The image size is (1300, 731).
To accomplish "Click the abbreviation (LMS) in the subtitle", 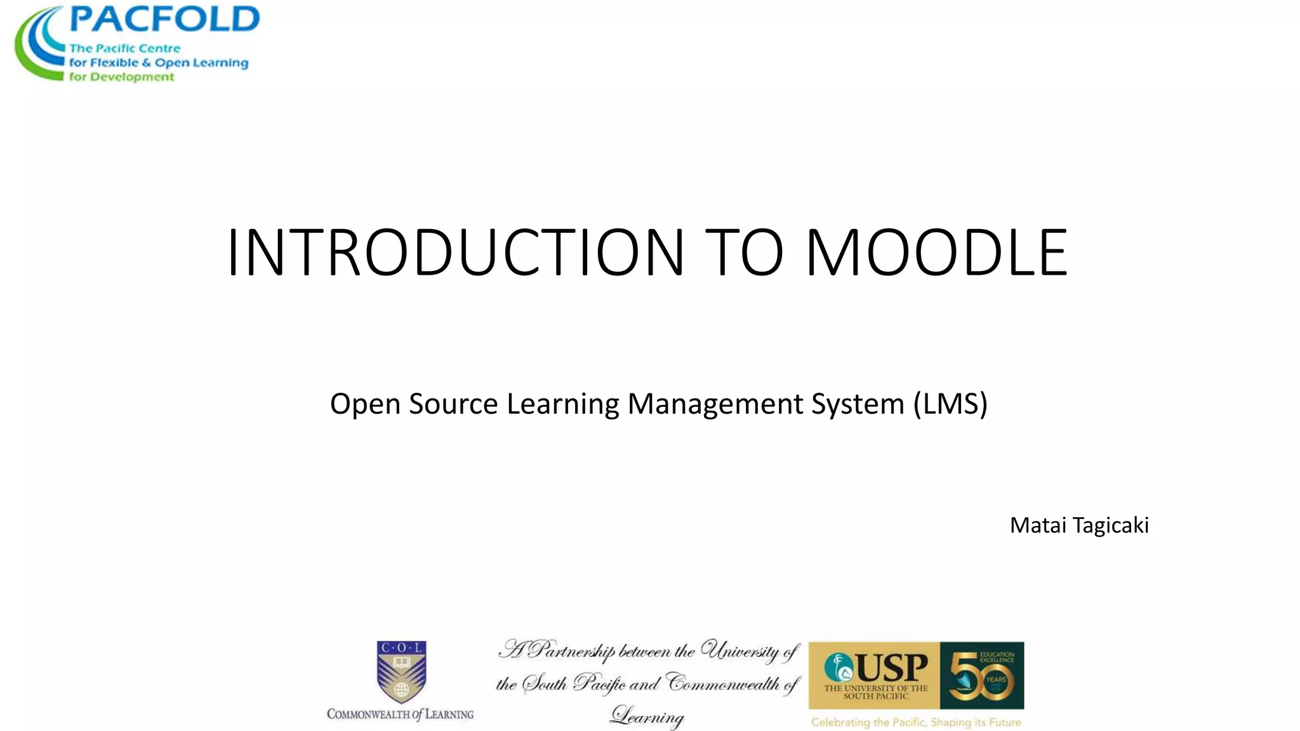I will pyautogui.click(x=950, y=404).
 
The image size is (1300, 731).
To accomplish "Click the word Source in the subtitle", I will pyautogui.click(x=453, y=404).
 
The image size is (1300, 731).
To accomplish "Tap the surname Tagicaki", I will pyautogui.click(x=1110, y=525).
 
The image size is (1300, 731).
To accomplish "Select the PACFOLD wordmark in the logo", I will pyautogui.click(x=164, y=20).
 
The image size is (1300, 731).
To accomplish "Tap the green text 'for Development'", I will pyautogui.click(x=121, y=77).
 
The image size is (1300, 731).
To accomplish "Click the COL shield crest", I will pyautogui.click(x=401, y=671).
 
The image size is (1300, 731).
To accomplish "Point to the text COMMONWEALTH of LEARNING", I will pyautogui.click(x=400, y=715).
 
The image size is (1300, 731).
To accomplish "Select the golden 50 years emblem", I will pyautogui.click(x=981, y=676).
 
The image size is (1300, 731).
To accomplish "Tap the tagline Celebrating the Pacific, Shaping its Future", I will pyautogui.click(x=915, y=722).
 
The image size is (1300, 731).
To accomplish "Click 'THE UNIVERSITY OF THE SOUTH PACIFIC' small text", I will pyautogui.click(x=876, y=692).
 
